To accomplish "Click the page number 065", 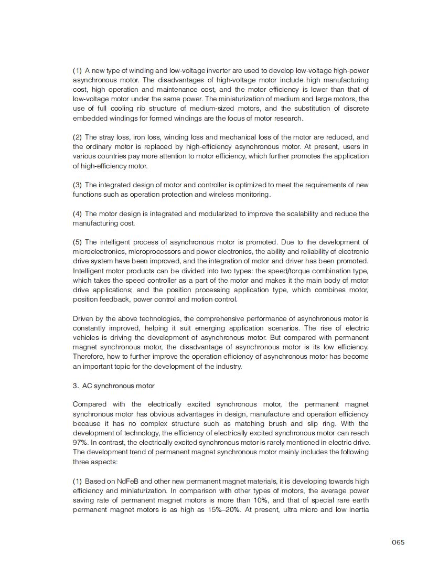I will click(398, 542).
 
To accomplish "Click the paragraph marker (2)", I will click(77, 137).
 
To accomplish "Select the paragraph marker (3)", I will click(77, 185).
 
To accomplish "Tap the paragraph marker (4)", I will click(77, 213).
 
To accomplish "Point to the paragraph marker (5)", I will click(77, 242).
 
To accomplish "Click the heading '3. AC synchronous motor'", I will click(114, 386).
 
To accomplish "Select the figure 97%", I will click(79, 442).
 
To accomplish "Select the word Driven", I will click(83, 318).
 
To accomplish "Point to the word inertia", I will click(358, 509).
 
